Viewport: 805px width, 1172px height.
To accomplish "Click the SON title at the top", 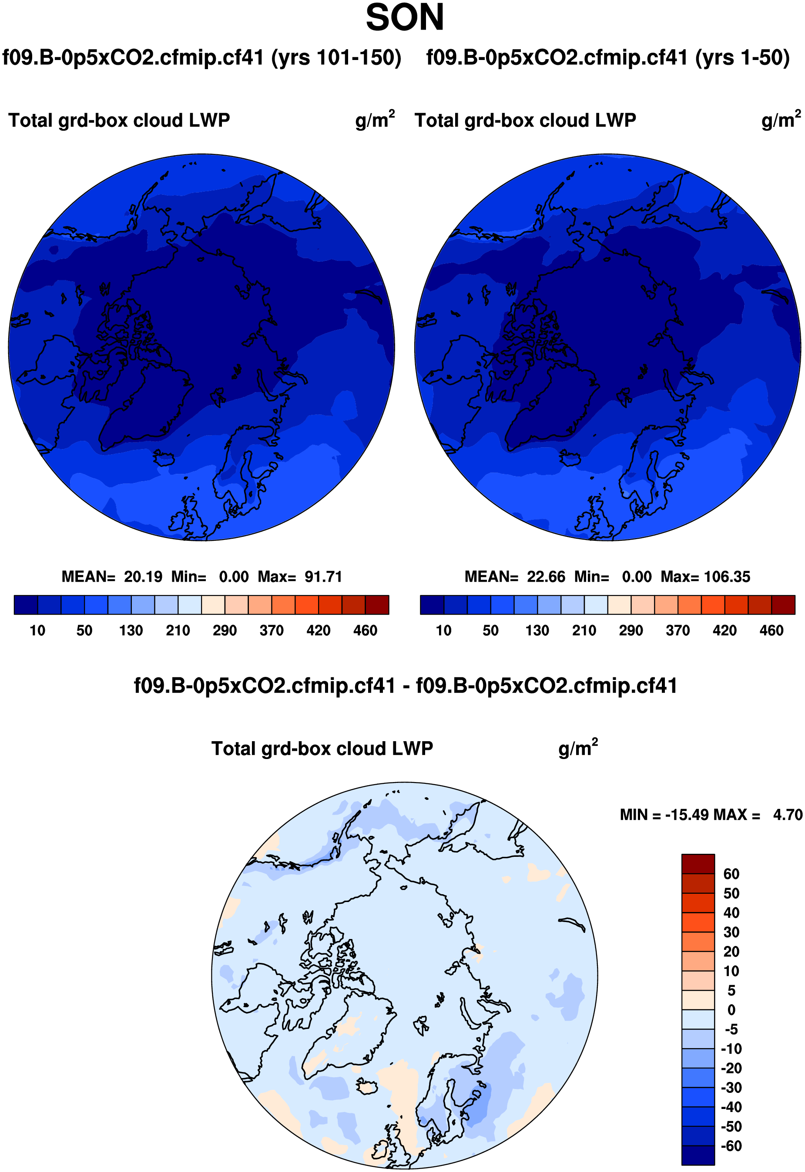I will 404,18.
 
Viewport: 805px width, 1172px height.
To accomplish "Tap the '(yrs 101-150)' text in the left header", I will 336,57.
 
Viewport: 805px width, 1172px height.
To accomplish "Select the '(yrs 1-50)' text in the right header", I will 742,57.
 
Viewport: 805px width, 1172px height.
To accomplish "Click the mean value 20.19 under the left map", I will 143,576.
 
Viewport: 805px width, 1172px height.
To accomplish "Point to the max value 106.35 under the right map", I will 727,576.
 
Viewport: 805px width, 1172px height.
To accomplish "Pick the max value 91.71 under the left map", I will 323,576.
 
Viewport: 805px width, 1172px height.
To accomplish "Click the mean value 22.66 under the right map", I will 546,576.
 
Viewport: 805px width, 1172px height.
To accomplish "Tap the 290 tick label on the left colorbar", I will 225,630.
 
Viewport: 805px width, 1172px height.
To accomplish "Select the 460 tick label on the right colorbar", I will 771,630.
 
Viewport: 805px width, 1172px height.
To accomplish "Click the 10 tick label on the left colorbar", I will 37,630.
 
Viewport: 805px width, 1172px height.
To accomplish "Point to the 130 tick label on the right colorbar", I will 537,630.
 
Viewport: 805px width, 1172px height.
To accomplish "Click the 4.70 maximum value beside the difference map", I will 787,815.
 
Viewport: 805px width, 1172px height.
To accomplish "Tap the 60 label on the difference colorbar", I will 731,874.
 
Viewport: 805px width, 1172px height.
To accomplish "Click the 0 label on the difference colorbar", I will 731,1010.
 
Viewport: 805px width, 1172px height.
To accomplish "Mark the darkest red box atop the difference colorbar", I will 698,864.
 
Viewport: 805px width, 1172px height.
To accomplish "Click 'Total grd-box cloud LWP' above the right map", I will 525,120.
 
